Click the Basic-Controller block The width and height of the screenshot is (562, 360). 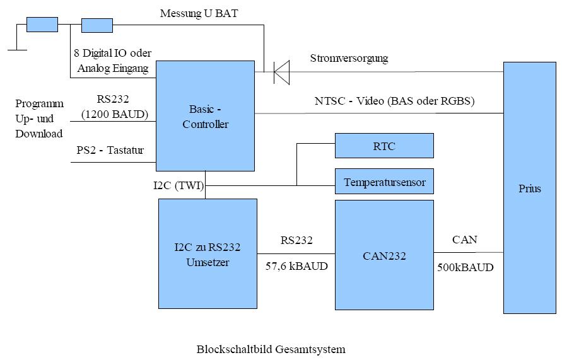[x=205, y=116]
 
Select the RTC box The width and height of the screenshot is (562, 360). [x=384, y=146]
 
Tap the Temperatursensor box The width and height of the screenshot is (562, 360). [x=384, y=182]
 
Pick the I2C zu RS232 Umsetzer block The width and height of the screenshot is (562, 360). [x=208, y=254]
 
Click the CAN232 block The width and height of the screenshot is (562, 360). [x=384, y=255]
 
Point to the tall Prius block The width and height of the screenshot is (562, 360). [x=530, y=188]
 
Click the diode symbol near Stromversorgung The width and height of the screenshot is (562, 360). [x=281, y=72]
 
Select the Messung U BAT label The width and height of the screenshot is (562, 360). [x=199, y=13]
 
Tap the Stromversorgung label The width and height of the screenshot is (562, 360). [x=349, y=59]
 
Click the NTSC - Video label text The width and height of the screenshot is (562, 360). [x=394, y=101]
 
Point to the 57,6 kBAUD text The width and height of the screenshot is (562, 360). [x=296, y=266]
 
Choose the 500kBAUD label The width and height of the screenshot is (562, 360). [x=465, y=267]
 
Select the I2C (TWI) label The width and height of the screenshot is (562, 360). [x=178, y=185]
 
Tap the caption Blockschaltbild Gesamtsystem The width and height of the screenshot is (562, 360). [x=271, y=349]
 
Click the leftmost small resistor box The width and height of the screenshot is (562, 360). [x=42, y=25]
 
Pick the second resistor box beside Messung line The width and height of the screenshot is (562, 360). [x=97, y=25]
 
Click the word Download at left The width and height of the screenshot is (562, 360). [x=39, y=134]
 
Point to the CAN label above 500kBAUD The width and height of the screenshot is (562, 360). [x=465, y=240]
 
